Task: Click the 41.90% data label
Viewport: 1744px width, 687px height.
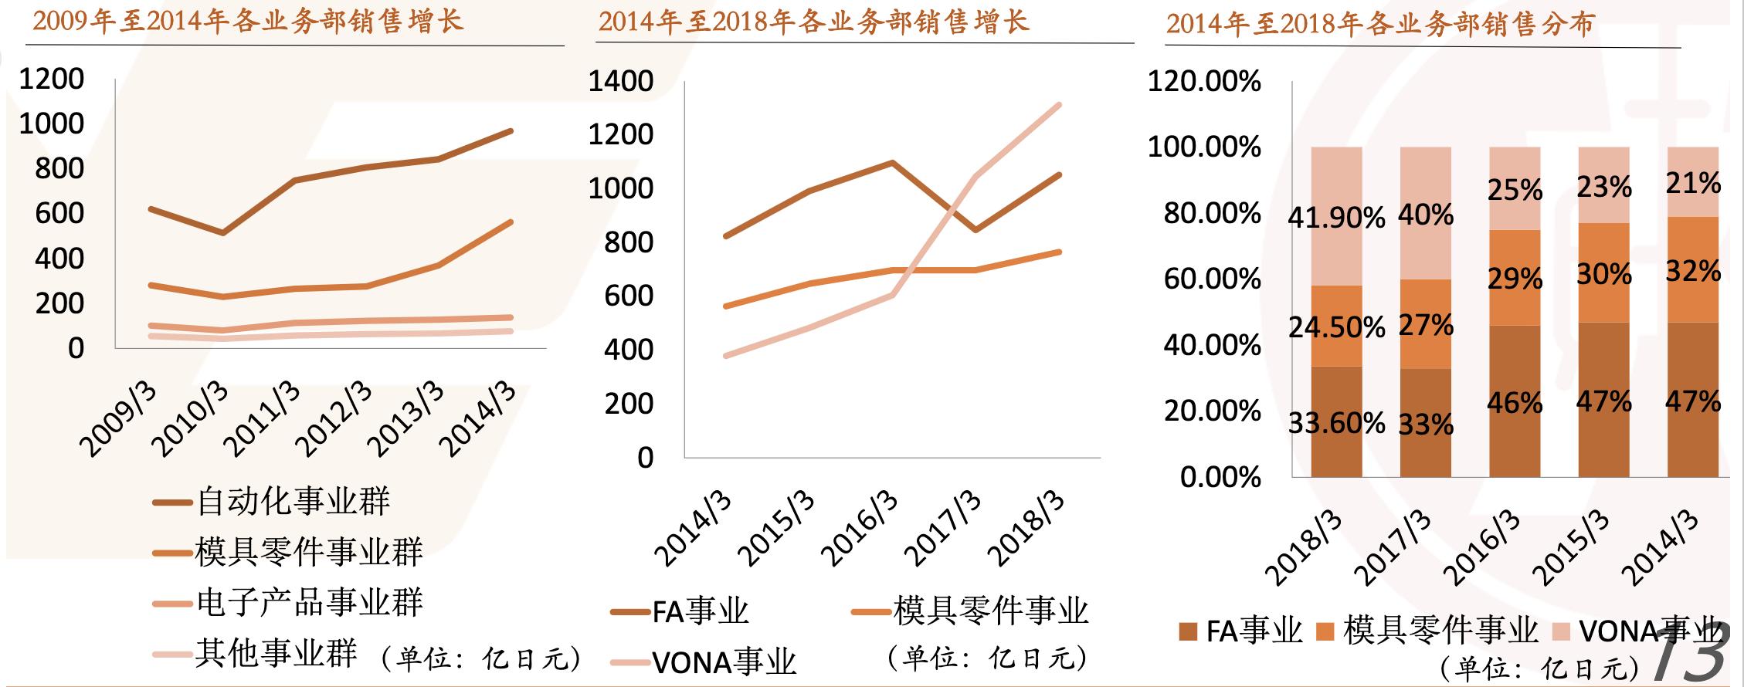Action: click(x=1336, y=218)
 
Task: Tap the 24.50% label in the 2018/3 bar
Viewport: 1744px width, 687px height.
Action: click(x=1336, y=328)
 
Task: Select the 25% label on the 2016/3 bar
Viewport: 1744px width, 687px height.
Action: click(x=1515, y=190)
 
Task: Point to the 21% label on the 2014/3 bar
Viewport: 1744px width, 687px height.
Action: click(x=1693, y=184)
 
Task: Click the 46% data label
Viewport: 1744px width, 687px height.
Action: click(x=1515, y=403)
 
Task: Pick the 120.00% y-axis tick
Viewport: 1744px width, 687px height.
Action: click(x=1204, y=81)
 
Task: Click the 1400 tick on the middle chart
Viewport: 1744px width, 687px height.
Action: click(x=620, y=81)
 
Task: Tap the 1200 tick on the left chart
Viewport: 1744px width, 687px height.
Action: click(x=51, y=79)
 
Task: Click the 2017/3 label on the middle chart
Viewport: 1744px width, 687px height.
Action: click(x=943, y=528)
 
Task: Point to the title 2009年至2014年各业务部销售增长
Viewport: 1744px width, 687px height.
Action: click(x=248, y=22)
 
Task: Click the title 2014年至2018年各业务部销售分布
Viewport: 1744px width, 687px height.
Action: click(x=1379, y=24)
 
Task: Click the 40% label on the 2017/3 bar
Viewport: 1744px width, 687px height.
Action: click(x=1426, y=215)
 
